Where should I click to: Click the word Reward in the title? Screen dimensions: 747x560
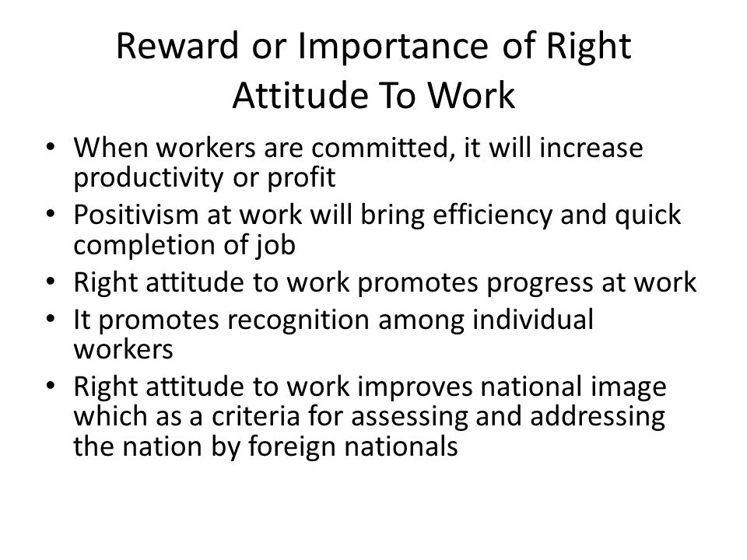(x=177, y=46)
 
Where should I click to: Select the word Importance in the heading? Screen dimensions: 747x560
(x=393, y=46)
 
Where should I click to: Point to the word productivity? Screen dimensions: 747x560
(x=149, y=178)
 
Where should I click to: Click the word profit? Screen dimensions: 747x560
(x=301, y=178)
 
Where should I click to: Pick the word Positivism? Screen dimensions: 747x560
(x=135, y=215)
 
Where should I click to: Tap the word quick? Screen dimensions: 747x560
(x=648, y=215)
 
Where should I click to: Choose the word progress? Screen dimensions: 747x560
(x=539, y=283)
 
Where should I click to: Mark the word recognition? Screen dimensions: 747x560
(x=298, y=320)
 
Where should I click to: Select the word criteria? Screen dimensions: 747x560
(x=255, y=415)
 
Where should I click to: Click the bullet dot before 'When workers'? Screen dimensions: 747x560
(x=51, y=146)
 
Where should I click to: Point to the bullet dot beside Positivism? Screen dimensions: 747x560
(x=51, y=213)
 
